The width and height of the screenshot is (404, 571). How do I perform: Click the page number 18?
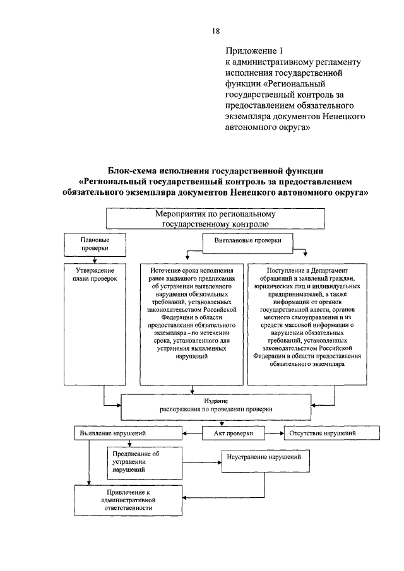click(x=215, y=32)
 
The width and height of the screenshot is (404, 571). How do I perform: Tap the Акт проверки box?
click(x=232, y=433)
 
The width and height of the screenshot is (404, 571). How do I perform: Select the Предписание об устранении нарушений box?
click(x=131, y=462)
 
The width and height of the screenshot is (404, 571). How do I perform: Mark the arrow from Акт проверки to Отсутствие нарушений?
click(x=273, y=433)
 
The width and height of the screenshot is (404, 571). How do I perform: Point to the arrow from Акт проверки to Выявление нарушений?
click(x=192, y=434)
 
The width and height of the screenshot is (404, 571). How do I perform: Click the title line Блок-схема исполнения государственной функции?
click(x=216, y=171)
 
